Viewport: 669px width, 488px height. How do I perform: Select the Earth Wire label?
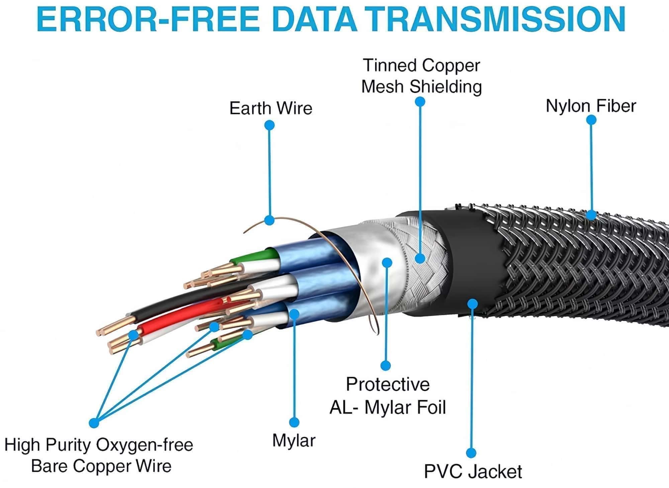(x=271, y=108)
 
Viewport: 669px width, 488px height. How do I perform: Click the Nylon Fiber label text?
(x=591, y=106)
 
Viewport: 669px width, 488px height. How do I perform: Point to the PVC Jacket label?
(x=473, y=472)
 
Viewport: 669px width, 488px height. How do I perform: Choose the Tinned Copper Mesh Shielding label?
(x=421, y=76)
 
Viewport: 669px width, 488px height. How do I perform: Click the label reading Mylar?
(x=294, y=440)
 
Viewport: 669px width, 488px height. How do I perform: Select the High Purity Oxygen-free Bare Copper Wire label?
(x=99, y=456)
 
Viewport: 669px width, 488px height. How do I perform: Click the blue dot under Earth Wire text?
(x=269, y=126)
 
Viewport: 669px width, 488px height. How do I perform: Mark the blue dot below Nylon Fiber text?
(x=591, y=120)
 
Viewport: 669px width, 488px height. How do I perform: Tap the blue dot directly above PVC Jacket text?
(x=471, y=453)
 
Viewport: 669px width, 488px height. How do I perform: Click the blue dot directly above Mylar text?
(x=294, y=422)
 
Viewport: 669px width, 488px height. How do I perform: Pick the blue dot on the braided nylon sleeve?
(x=591, y=215)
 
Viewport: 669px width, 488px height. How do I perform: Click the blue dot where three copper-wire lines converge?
(x=94, y=423)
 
